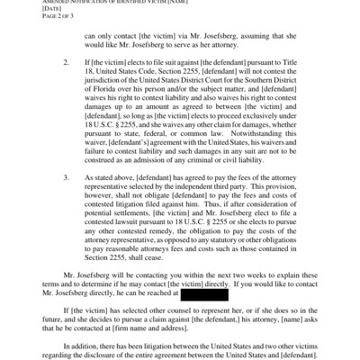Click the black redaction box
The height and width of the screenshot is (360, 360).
[214, 292]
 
